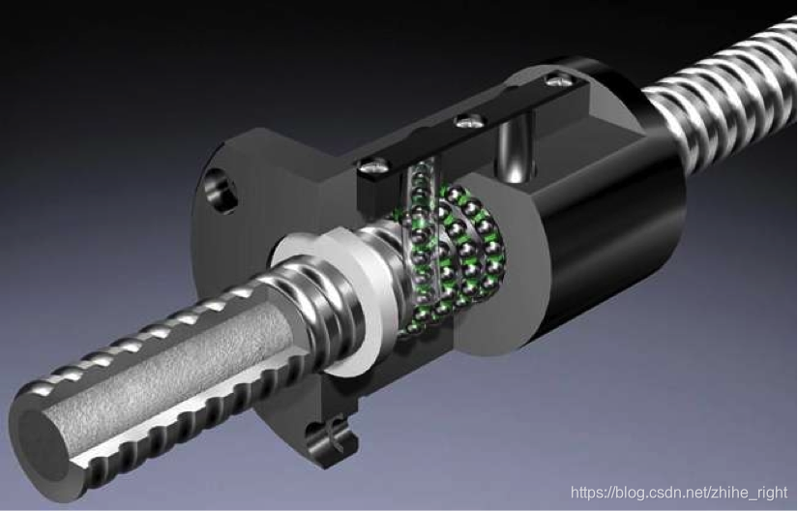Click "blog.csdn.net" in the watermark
click(x=660, y=493)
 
